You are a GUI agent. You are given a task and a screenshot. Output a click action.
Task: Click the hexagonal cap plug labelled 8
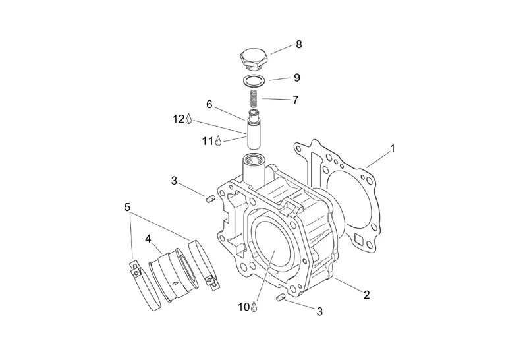(x=254, y=59)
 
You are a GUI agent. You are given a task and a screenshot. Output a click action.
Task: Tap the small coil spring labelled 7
(x=254, y=98)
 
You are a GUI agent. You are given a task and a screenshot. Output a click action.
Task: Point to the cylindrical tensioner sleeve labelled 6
(x=254, y=129)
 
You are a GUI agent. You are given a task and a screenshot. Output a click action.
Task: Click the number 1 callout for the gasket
(x=392, y=148)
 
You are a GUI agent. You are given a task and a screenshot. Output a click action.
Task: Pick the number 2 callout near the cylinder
(x=367, y=295)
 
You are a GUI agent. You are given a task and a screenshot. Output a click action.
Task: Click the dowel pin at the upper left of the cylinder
(x=209, y=199)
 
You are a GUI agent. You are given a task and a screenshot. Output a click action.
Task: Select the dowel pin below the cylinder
(x=281, y=297)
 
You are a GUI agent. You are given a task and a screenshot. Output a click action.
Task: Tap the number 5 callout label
(x=127, y=207)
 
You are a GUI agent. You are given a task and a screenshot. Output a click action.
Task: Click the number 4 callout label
(x=148, y=239)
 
